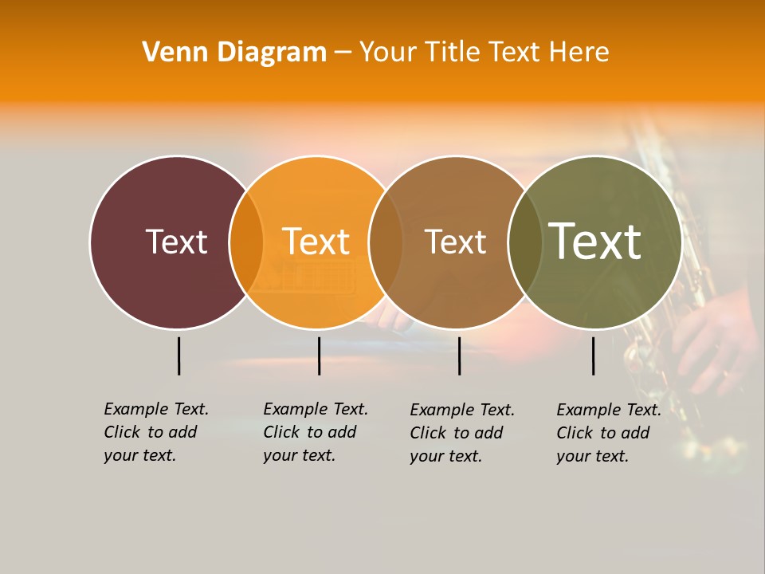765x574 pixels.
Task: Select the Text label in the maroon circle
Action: (x=176, y=242)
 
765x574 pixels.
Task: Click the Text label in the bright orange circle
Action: (x=316, y=242)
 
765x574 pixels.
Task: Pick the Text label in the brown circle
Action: (x=455, y=242)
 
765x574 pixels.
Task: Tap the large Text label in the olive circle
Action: (x=595, y=242)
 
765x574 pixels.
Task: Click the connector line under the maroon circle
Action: (x=178, y=356)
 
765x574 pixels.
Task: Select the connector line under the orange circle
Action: (x=319, y=356)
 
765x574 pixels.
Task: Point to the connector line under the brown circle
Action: (x=459, y=356)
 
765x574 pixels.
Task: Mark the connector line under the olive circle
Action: (x=593, y=356)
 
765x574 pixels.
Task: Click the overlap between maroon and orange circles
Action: (x=246, y=242)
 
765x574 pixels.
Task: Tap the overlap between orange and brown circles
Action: (x=386, y=242)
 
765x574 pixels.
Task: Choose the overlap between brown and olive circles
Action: (x=524, y=242)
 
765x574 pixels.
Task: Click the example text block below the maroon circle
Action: (x=156, y=432)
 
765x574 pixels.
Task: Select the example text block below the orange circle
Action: (x=316, y=432)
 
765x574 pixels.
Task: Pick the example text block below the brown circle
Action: (x=462, y=433)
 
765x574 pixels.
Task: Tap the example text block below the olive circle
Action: (x=609, y=433)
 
